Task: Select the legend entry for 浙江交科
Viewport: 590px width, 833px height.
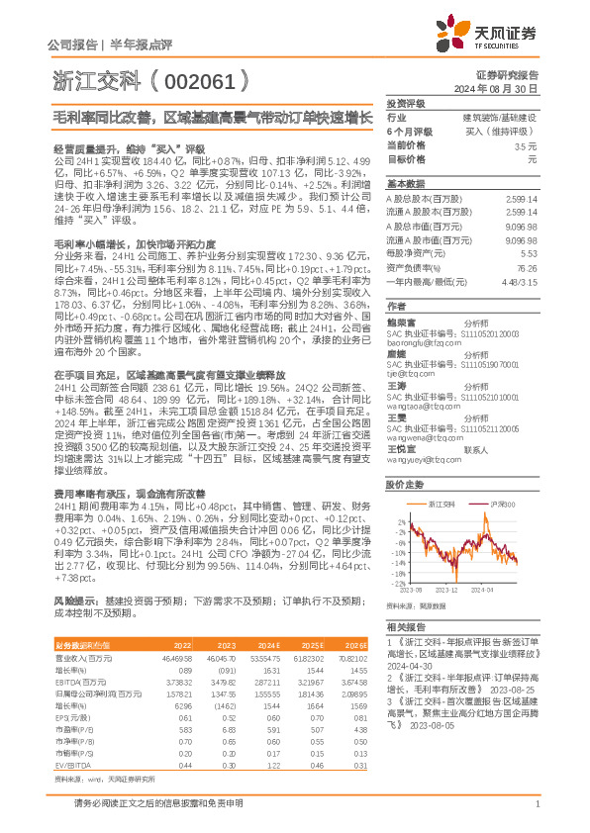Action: [x=440, y=503]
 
